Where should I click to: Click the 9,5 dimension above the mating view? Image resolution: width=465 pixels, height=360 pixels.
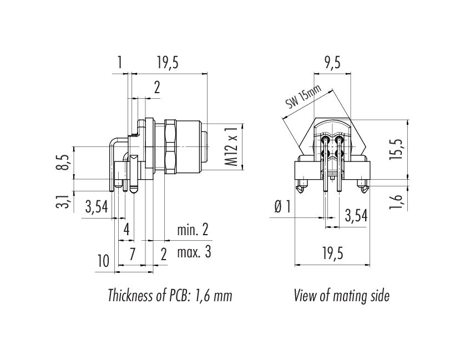[x=331, y=64]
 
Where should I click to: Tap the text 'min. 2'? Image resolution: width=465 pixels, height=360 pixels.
[x=193, y=230]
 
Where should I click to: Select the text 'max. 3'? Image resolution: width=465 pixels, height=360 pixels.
[x=194, y=252]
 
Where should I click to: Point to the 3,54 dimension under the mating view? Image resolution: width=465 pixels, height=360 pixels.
[x=356, y=216]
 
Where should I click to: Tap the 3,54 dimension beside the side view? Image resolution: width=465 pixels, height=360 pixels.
[x=95, y=208]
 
